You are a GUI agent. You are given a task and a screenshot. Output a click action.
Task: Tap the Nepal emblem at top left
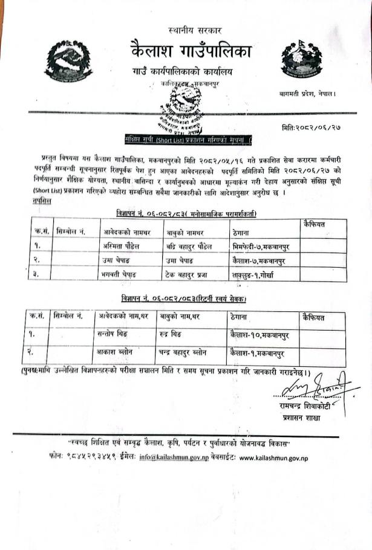pos(68,62)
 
